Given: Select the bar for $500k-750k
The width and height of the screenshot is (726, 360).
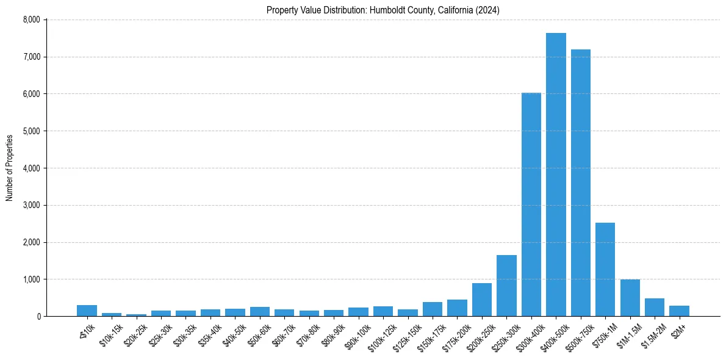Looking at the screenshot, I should click(580, 183).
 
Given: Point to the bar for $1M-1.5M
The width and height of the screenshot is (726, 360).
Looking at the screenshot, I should click(630, 298).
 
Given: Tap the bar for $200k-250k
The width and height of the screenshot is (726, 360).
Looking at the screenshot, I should click(482, 300).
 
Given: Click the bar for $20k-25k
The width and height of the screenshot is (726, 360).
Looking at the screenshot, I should click(136, 315).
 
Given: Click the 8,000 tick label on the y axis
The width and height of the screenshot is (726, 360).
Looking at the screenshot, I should click(31, 20).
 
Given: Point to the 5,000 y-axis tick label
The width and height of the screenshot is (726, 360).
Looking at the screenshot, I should click(31, 131).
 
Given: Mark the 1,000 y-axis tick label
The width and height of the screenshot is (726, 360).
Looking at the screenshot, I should click(31, 279).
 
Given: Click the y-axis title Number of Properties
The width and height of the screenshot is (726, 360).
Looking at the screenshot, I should click(10, 168).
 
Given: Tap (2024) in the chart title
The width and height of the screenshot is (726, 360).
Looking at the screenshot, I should click(488, 10).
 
